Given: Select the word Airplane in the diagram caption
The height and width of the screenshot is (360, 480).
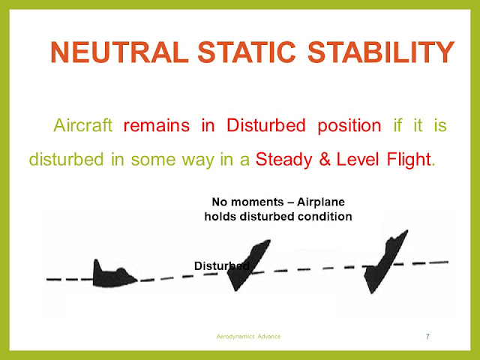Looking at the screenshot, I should click(318, 202).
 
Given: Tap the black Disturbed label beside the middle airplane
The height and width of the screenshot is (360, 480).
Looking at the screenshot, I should click(221, 266).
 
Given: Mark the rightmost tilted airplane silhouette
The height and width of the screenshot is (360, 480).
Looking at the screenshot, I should click(383, 262).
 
